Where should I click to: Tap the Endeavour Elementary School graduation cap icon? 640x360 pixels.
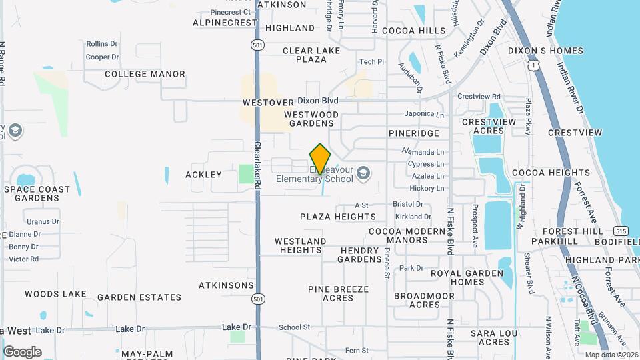(x=363, y=174)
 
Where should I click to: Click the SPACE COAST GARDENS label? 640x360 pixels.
(x=37, y=193)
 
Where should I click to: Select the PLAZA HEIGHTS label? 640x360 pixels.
(x=338, y=217)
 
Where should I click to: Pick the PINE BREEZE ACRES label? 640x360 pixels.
(x=338, y=293)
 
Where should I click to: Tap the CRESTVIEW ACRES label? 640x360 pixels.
(x=489, y=127)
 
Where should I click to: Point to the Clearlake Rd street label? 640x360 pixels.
(x=257, y=167)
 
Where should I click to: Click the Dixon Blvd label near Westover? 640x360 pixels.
(x=318, y=101)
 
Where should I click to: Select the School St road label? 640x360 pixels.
(x=295, y=327)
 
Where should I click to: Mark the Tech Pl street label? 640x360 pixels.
(x=372, y=62)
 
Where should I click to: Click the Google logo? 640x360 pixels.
(x=22, y=352)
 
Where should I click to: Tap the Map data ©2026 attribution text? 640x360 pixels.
(x=611, y=355)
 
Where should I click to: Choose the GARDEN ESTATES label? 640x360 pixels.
(x=139, y=297)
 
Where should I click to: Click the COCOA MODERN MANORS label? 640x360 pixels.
(x=407, y=235)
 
